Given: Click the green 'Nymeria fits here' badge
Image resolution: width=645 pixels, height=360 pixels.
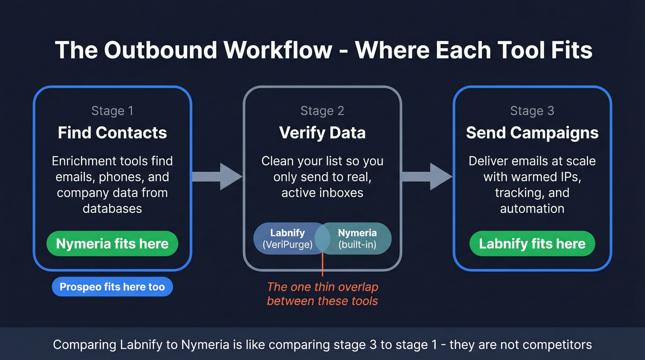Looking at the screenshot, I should point(112,243).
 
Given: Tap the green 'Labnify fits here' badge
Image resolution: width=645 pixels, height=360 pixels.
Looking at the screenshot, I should point(532,243).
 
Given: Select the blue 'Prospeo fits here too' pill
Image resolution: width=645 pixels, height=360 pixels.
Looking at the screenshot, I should point(112,287).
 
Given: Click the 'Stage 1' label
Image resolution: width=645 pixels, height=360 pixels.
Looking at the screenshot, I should point(112,111).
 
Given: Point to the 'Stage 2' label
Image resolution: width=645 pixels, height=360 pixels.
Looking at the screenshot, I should point(322,111).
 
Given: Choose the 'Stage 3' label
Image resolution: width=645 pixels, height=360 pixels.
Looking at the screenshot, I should point(532,111).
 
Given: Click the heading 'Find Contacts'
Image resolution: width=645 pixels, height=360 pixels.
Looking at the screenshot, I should point(112,133).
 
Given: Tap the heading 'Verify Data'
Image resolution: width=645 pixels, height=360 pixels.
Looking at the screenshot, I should point(322,133).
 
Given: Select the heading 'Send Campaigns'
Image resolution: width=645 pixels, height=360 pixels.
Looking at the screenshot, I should point(532,133).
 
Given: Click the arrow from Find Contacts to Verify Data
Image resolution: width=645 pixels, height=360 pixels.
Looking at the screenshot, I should point(217,176).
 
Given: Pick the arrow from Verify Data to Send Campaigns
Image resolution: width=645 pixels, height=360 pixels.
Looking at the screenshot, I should point(427,176).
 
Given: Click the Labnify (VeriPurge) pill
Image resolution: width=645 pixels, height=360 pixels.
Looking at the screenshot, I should point(287,239).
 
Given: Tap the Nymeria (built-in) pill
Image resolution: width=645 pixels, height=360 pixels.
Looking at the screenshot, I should point(358,239).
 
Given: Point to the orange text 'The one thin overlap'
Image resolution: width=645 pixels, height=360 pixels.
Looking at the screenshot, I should point(322,287).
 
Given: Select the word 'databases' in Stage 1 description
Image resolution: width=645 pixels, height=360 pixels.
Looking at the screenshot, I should point(112,208).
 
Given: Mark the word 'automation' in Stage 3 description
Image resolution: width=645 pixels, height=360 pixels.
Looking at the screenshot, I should point(532,208).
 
